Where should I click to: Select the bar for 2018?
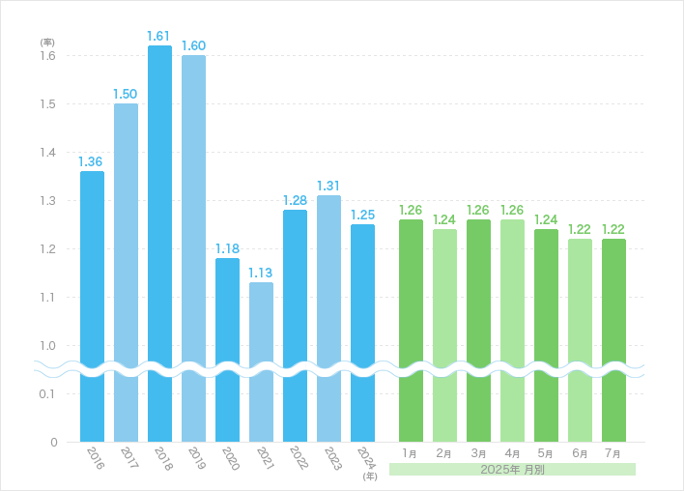(159, 242)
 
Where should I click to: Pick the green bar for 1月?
(411, 330)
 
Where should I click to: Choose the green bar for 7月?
(613, 339)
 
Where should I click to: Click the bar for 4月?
(512, 330)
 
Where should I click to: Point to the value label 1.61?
(159, 36)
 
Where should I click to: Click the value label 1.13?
(261, 273)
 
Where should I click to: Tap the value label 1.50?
(126, 94)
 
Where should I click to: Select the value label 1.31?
(328, 186)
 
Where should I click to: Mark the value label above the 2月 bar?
(444, 219)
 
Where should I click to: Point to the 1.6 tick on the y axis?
(46, 56)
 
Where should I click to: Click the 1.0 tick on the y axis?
(46, 346)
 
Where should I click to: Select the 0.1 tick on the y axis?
(46, 394)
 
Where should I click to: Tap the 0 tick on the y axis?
(53, 443)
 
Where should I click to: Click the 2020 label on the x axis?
(230, 458)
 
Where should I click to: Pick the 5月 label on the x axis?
(546, 452)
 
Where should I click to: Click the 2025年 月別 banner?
(512, 470)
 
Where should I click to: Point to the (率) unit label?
(46, 43)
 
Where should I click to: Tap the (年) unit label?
(369, 476)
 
